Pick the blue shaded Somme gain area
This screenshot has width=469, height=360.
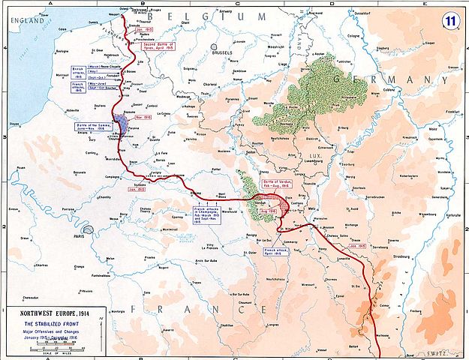pos(123,124)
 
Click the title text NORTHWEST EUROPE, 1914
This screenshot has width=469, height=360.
pos(56,313)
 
